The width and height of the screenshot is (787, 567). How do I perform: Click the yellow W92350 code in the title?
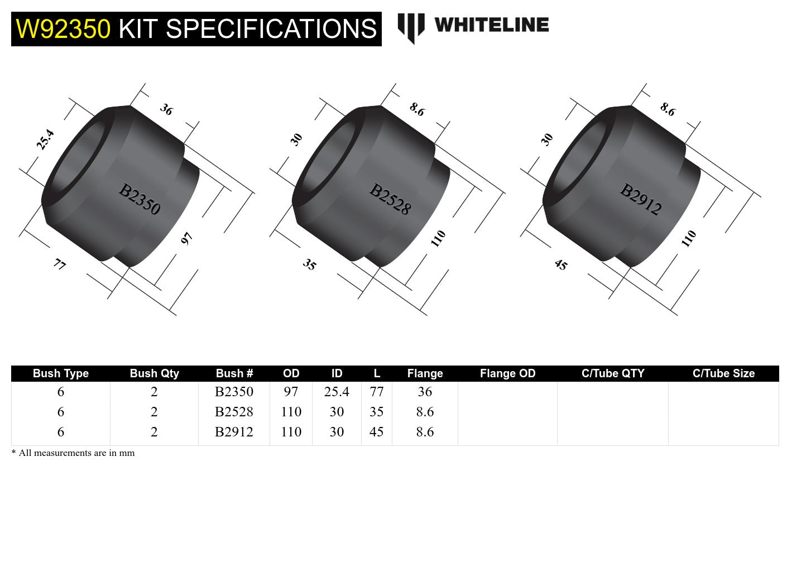tap(63, 29)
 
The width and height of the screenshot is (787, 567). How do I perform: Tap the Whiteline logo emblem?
tap(411, 27)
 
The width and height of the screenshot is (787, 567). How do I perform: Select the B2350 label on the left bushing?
tap(140, 200)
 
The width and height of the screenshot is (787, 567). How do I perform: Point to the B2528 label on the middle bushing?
tap(390, 200)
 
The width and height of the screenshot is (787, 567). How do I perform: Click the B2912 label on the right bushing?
tap(641, 200)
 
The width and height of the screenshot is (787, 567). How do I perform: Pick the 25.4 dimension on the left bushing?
tap(45, 140)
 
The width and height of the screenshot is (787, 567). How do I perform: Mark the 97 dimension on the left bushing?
tap(186, 239)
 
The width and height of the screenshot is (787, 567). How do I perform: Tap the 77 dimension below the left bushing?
tap(60, 264)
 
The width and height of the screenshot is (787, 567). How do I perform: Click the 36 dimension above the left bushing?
tap(166, 109)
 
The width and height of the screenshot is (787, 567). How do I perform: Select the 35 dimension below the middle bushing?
tap(310, 264)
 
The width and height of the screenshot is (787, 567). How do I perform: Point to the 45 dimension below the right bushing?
tap(560, 265)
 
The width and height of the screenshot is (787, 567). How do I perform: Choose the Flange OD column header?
tap(507, 373)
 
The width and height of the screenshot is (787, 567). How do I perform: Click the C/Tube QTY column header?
tap(612, 373)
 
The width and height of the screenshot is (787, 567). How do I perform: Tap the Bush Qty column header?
tap(154, 373)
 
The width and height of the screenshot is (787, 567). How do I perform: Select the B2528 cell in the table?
tap(234, 412)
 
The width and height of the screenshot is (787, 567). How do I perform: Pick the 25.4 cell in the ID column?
tap(337, 392)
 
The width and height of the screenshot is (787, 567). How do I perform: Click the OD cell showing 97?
tap(291, 392)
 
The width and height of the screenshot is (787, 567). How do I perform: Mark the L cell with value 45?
tap(377, 432)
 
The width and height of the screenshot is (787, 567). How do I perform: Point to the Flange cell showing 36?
tap(425, 392)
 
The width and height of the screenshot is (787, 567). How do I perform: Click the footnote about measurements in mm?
tap(73, 453)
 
